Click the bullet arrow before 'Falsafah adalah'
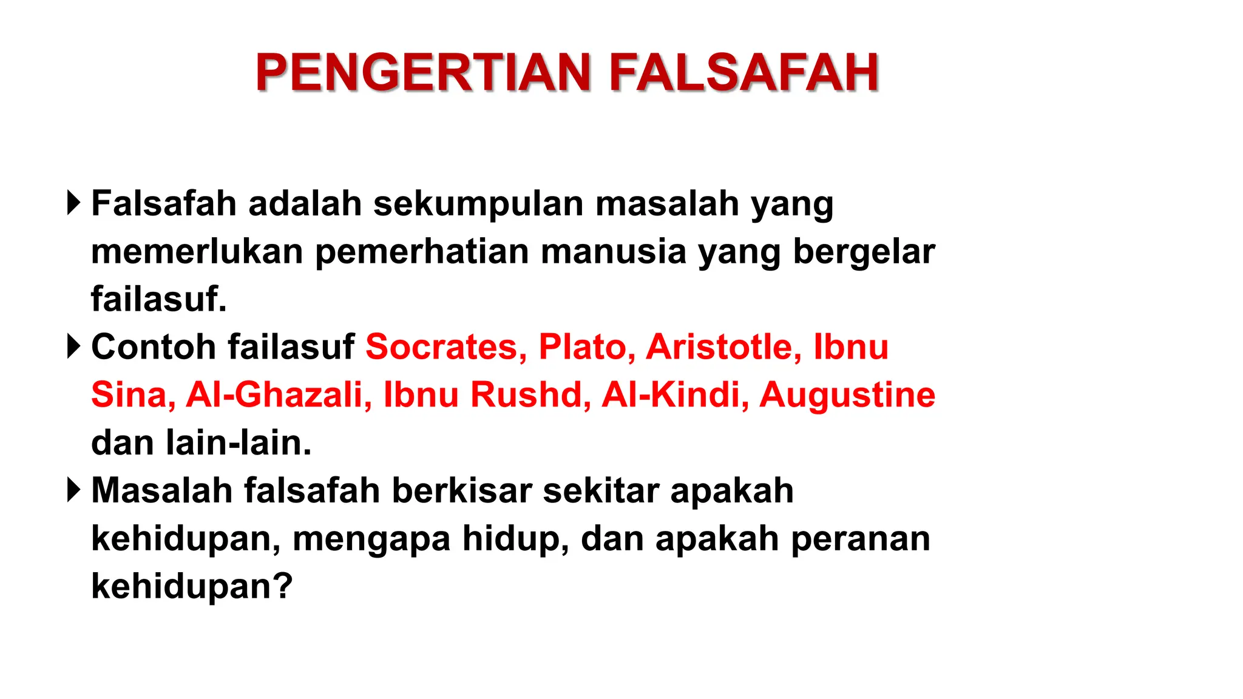pyautogui.click(x=73, y=203)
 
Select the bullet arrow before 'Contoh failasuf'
pyautogui.click(x=73, y=346)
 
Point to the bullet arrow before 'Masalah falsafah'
pyautogui.click(x=73, y=490)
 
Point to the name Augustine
pyautogui.click(x=847, y=395)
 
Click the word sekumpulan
pyautogui.click(x=478, y=204)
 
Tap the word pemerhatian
pyautogui.click(x=422, y=252)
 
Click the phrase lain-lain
pyautogui.click(x=239, y=443)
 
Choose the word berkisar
pyautogui.click(x=461, y=491)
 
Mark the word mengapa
pyautogui.click(x=371, y=539)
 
